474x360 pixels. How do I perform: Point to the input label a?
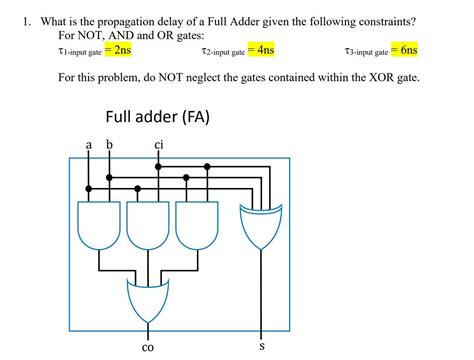click(89, 146)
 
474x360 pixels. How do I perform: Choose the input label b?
click(109, 146)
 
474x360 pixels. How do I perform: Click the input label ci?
click(159, 146)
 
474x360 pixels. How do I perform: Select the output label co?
click(148, 347)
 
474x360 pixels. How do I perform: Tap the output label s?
click(262, 346)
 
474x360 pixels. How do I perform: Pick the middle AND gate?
click(147, 225)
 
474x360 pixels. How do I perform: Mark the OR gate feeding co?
click(148, 299)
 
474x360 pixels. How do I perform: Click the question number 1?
click(15, 19)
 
